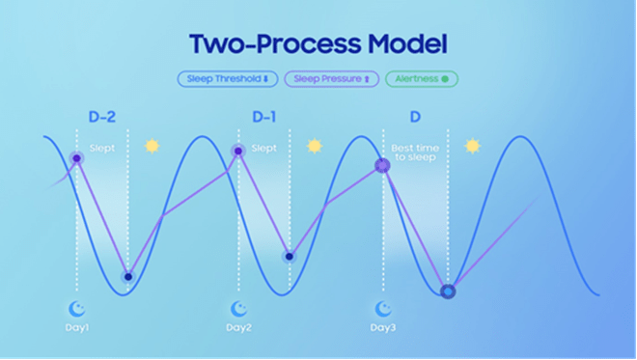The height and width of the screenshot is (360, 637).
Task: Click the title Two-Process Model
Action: (318, 43)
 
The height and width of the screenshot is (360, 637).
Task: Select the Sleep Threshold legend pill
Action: (228, 79)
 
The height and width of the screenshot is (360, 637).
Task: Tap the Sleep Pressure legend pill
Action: (331, 79)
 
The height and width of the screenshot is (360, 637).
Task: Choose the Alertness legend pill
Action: (422, 79)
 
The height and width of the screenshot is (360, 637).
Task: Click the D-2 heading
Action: (102, 117)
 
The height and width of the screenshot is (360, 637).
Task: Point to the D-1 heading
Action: (264, 117)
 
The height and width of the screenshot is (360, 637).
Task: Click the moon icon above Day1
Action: (76, 309)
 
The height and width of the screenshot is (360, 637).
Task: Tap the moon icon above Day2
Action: (238, 309)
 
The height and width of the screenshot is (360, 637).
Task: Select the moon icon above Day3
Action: (383, 309)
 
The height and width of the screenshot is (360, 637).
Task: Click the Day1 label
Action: (77, 327)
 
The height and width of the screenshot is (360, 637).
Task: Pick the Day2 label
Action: (239, 327)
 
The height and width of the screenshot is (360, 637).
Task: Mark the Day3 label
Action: (383, 327)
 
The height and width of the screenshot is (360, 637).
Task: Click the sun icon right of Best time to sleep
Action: (473, 146)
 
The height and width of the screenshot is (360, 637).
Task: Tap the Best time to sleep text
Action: (415, 152)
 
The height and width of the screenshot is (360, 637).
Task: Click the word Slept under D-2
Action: (102, 148)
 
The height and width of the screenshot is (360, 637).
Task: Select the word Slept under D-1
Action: (264, 148)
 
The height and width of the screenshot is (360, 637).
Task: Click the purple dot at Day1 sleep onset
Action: (77, 158)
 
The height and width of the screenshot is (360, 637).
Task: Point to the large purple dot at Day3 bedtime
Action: (382, 165)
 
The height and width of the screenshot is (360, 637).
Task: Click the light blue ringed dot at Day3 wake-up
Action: (448, 291)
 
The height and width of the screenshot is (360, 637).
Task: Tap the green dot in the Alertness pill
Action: (445, 79)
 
